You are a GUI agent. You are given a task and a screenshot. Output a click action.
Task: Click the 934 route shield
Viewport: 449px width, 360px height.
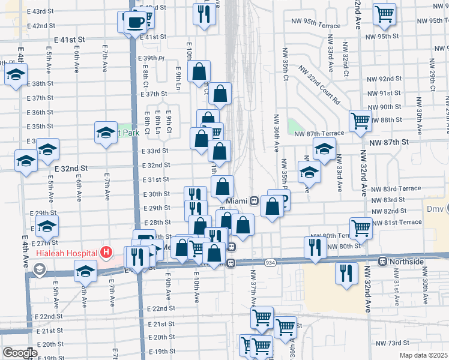pos(270,262)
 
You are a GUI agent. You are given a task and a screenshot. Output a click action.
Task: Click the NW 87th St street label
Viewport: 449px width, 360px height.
pos(388,142)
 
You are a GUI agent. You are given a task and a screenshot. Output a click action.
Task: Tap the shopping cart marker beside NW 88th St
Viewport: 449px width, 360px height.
pos(360,120)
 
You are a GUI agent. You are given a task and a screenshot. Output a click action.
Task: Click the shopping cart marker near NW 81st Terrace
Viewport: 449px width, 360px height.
pos(361,227)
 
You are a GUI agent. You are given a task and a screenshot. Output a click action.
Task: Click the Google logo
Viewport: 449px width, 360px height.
pos(19,353)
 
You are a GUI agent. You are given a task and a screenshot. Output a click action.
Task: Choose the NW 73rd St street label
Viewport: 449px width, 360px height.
pos(392,343)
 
